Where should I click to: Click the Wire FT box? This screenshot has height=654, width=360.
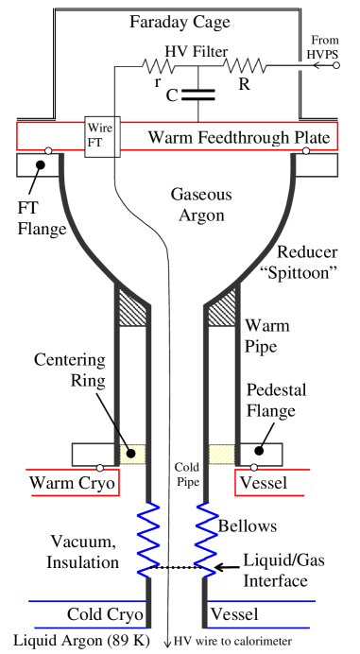(x=99, y=137)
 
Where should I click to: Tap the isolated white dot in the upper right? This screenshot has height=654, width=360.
(x=336, y=65)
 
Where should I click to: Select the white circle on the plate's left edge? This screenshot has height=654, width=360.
(x=48, y=150)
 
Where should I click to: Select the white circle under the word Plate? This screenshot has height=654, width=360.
(x=306, y=150)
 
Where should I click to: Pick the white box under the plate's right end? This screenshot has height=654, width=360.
(x=317, y=165)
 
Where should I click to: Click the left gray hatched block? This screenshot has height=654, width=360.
(x=131, y=307)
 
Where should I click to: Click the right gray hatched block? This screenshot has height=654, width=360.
(x=221, y=307)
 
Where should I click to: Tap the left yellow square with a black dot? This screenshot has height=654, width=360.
(x=132, y=454)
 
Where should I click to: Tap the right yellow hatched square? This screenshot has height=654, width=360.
(x=221, y=454)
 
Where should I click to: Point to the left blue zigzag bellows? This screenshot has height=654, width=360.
(x=148, y=540)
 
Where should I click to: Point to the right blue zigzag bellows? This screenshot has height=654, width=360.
(x=206, y=540)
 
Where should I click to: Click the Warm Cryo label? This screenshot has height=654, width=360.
(x=73, y=484)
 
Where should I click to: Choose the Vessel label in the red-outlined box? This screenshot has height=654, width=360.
(x=264, y=484)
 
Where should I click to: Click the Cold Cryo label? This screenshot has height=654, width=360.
(x=105, y=615)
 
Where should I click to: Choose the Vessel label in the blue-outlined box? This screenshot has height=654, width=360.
(x=233, y=615)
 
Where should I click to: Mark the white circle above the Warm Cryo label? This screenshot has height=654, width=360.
(x=100, y=468)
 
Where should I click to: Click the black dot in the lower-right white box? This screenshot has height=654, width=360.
(x=256, y=452)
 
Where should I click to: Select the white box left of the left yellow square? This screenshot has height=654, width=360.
(x=93, y=454)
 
